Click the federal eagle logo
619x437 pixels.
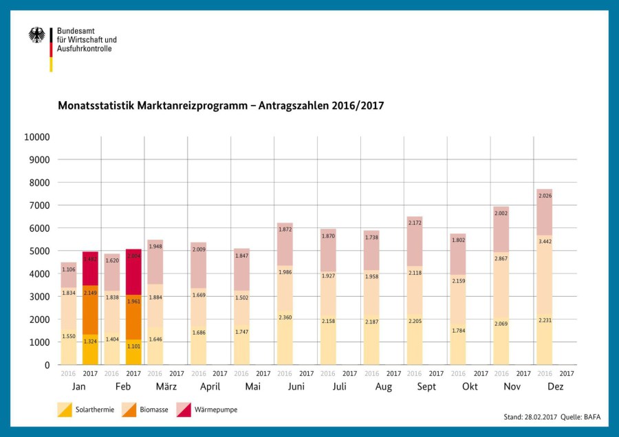tap(36, 36)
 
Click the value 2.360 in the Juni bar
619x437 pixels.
tap(284, 317)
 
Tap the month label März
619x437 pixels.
tap(166, 387)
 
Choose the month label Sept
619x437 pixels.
tap(426, 387)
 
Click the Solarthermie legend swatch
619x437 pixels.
tap(65, 410)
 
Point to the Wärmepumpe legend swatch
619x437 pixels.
tap(183, 410)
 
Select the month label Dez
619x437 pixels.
tap(555, 387)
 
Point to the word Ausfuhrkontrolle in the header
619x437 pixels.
tap(84, 49)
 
